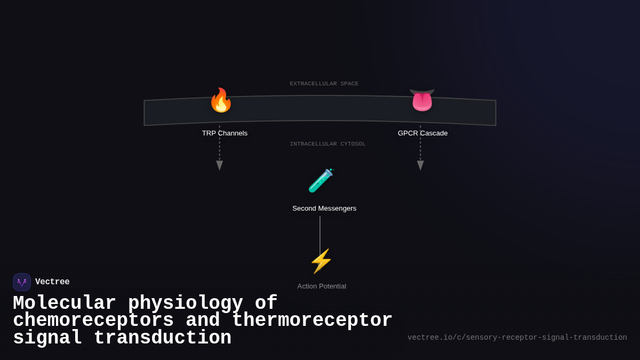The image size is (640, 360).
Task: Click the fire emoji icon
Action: coord(220,100)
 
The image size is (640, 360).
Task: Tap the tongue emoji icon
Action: coord(422,100)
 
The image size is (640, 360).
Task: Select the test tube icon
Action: coord(321,181)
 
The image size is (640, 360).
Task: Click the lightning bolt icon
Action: coord(321,261)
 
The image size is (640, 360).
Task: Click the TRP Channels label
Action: coord(225,133)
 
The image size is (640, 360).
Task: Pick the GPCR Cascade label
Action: coord(422,133)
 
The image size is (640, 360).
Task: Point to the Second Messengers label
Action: coord(324,209)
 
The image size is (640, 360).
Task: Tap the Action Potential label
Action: coord(322,286)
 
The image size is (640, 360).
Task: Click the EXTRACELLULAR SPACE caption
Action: coord(324,84)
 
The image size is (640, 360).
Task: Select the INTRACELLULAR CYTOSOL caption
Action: coord(327,144)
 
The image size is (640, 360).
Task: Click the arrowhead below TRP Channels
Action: coord(219,165)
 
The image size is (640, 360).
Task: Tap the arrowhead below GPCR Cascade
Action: coord(420,165)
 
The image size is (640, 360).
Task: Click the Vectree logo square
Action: coord(22,282)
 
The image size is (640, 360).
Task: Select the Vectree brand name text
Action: coord(52,282)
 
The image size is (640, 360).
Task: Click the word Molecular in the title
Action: coord(64,303)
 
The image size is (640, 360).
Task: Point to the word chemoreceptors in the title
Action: coord(93,321)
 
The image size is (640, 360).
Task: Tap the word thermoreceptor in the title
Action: coord(312,321)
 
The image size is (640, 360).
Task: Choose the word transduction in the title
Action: coord(162,338)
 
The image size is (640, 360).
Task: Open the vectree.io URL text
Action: coord(517,338)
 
